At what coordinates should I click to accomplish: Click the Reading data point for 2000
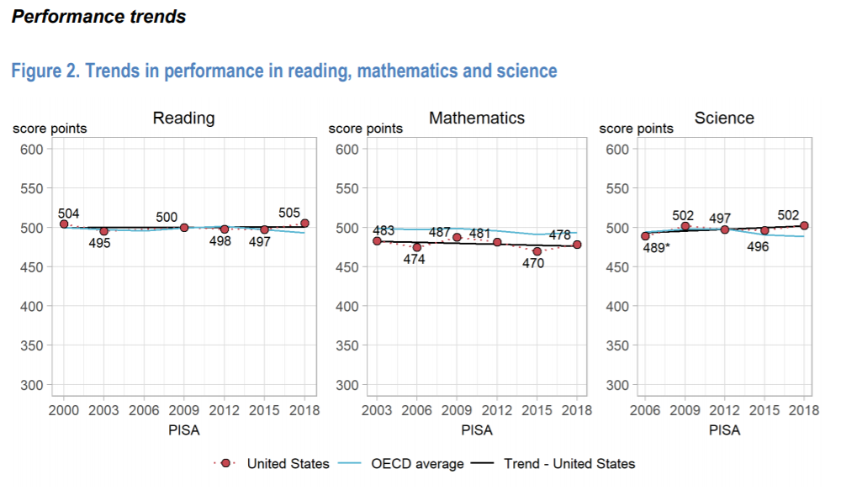click(x=64, y=224)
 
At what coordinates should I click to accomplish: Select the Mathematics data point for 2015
click(x=537, y=251)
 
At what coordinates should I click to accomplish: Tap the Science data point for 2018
click(x=805, y=225)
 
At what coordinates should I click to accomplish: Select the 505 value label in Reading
click(x=289, y=212)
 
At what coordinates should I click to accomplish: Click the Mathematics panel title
click(x=477, y=118)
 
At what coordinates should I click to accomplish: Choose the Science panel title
click(x=724, y=118)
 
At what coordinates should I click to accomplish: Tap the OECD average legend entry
click(x=417, y=463)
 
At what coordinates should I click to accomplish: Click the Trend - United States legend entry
click(x=569, y=463)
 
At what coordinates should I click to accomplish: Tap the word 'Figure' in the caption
click(x=35, y=71)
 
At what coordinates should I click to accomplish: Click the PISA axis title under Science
click(x=724, y=429)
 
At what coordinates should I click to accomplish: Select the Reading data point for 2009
click(x=184, y=228)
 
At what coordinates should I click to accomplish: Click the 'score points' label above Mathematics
click(x=365, y=129)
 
